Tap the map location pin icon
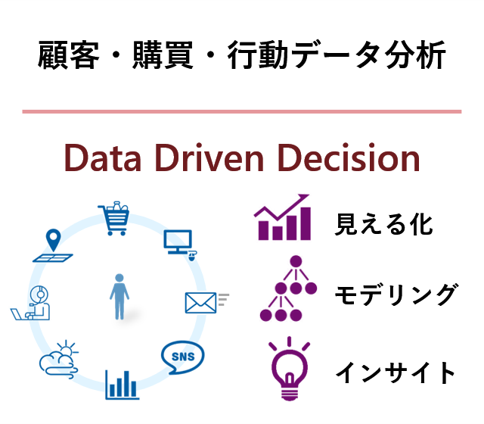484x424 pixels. (53, 245)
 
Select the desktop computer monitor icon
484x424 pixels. (180, 245)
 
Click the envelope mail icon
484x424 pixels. (206, 303)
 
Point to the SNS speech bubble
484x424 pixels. (183, 357)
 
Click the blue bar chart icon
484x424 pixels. (122, 385)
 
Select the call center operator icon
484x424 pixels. (30, 303)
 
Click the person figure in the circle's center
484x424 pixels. (119, 296)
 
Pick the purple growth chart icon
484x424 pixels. (282, 217)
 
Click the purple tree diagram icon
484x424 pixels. (288, 288)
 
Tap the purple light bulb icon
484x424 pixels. (289, 369)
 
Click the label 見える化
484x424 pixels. (383, 224)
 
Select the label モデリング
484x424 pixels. (396, 295)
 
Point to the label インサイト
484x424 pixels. (395, 373)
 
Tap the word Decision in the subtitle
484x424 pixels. (349, 157)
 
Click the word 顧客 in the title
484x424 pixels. (69, 55)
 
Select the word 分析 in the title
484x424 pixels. (415, 55)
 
